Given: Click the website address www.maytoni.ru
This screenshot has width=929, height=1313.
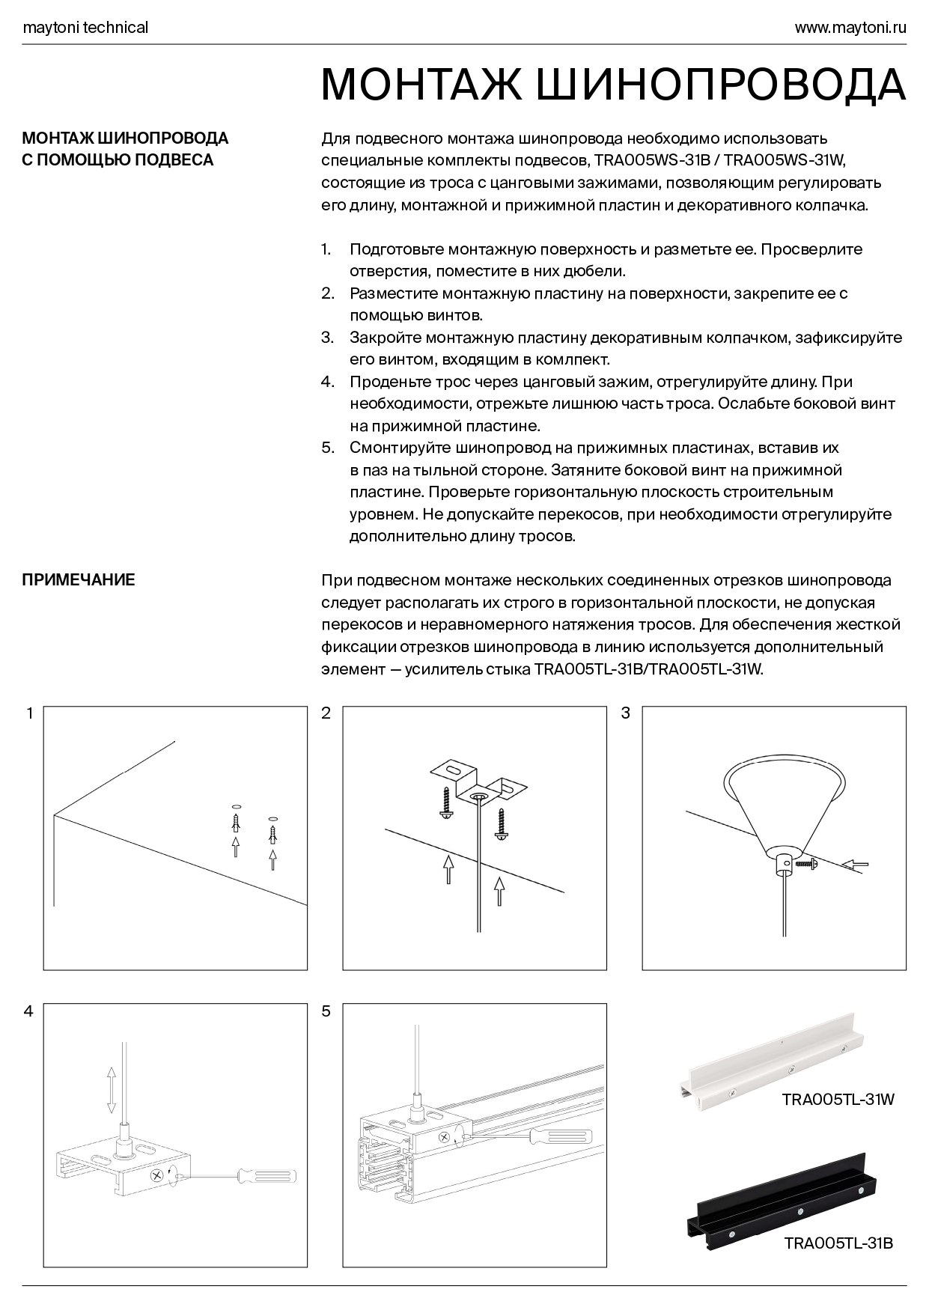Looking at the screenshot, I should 850,28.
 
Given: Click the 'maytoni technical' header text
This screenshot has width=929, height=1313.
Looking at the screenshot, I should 85,28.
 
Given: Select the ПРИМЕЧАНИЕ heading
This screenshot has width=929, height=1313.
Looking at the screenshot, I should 79,580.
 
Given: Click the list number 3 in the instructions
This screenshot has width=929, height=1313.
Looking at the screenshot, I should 327,338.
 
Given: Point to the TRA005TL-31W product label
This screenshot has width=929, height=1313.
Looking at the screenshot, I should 838,1100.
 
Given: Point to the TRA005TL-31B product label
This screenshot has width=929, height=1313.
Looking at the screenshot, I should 838,1243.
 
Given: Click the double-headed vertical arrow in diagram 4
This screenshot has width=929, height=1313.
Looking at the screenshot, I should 111,1091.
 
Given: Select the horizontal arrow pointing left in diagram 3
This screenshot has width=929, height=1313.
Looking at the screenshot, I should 854,865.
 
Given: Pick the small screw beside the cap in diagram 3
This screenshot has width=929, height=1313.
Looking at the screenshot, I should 807,864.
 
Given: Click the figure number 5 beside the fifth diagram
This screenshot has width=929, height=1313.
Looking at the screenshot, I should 326,1012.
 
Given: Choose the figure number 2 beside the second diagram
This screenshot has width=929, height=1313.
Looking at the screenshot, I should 326,713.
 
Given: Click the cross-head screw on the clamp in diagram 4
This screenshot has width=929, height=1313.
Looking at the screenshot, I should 157,1176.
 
